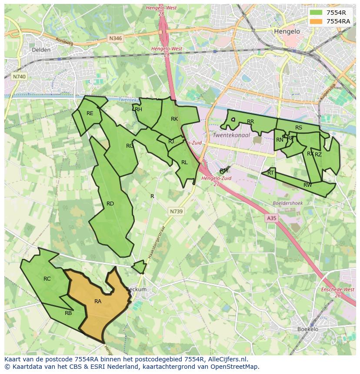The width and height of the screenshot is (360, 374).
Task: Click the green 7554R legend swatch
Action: point(316,13)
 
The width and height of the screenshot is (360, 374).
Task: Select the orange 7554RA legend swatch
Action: point(316,21)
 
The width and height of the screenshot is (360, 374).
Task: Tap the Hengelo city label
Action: point(287,32)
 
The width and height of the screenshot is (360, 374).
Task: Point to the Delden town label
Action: point(41,50)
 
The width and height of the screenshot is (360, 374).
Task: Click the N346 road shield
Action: point(116,38)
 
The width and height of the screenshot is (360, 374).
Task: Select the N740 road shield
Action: point(19,76)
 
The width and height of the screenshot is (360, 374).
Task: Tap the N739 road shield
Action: point(176,211)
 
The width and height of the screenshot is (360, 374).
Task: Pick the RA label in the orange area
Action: point(98,301)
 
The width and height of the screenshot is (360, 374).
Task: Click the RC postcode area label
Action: point(47,279)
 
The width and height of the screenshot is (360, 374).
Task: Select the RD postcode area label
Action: point(110,204)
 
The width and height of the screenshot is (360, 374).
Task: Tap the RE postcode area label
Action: point(90,113)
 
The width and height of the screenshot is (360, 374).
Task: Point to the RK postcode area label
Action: point(174,119)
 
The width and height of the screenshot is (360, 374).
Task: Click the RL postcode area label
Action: point(184,162)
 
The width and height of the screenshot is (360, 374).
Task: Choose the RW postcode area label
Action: point(307,185)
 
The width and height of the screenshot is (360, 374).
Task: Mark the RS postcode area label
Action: point(298,128)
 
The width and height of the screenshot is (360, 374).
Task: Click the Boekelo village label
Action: point(308,329)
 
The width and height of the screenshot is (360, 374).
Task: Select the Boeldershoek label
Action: point(287,203)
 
